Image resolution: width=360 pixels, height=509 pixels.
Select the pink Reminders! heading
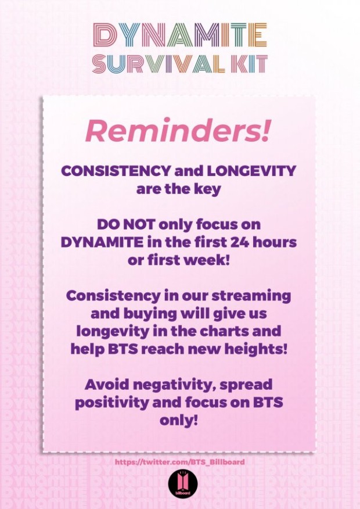pos(178,131)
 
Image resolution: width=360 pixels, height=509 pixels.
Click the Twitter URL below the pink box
pos(180,461)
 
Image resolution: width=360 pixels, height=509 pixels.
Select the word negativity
pos(174,386)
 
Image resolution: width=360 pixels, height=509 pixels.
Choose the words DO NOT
pos(126,224)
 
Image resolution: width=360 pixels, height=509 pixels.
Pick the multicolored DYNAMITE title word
pos(180,35)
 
